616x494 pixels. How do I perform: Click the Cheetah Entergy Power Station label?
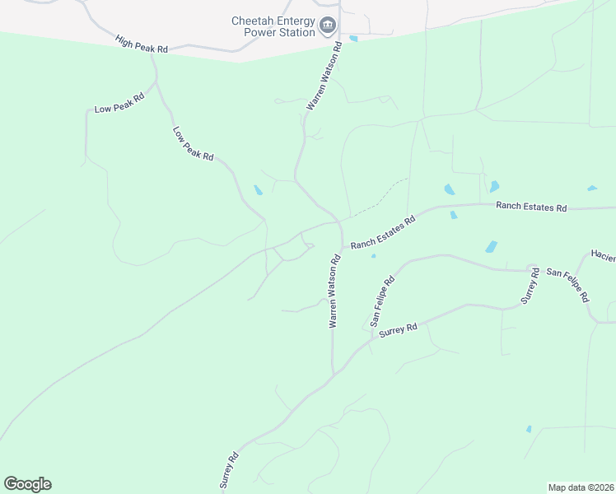coord(273,26)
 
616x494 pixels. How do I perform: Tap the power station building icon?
coord(328,26)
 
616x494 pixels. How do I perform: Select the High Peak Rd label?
coord(142,44)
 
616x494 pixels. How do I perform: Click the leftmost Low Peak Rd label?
coord(119,103)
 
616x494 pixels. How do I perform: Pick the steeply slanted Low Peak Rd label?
coord(194,143)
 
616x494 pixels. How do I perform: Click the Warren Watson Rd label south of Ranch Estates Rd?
coord(334,291)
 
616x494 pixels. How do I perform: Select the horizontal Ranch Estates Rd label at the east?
coord(531,207)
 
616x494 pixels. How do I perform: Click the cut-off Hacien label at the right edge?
coord(603,254)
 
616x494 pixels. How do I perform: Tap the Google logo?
coord(27,484)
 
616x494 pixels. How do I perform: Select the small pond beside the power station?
coord(353,38)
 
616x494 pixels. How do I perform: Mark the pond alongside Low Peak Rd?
coord(259,191)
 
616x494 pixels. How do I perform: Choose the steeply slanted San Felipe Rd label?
coord(383,301)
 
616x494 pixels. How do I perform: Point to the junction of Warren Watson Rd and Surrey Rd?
coord(333,375)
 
